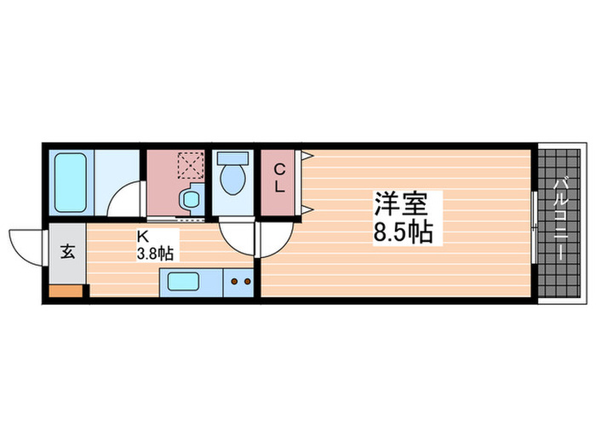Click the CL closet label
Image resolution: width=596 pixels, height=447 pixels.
pyautogui.click(x=278, y=180)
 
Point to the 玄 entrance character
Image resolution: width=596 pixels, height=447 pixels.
pyautogui.click(x=67, y=252)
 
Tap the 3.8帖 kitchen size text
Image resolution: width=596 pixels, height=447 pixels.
pyautogui.click(x=156, y=253)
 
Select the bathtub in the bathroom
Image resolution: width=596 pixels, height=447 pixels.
pyautogui.click(x=72, y=183)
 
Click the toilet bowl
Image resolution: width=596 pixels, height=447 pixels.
pyautogui.click(x=232, y=181)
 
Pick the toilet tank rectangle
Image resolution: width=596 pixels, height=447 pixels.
pyautogui.click(x=232, y=158)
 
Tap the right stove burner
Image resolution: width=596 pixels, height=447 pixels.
pyautogui.click(x=248, y=280)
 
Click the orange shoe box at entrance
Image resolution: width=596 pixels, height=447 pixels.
pyautogui.click(x=67, y=290)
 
